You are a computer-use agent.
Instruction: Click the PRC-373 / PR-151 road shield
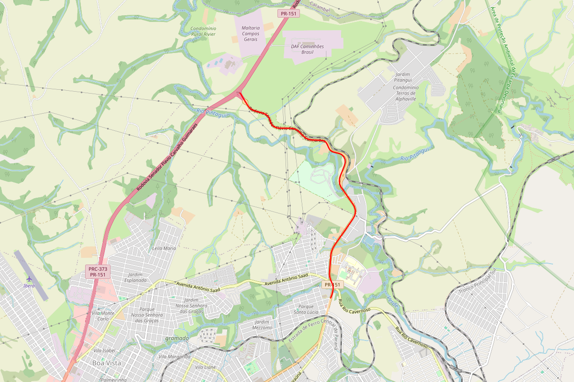point(98,272)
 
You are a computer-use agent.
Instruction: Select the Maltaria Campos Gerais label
point(251,33)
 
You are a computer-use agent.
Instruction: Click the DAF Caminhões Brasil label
point(308,49)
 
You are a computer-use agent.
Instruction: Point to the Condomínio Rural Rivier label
point(203,32)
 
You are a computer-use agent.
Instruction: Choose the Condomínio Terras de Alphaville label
point(405,93)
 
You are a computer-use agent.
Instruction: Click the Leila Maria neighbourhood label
point(164,248)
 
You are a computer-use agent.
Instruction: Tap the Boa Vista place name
point(106,363)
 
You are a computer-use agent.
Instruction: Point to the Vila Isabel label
point(104,350)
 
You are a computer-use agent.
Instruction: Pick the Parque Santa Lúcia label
point(306,309)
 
